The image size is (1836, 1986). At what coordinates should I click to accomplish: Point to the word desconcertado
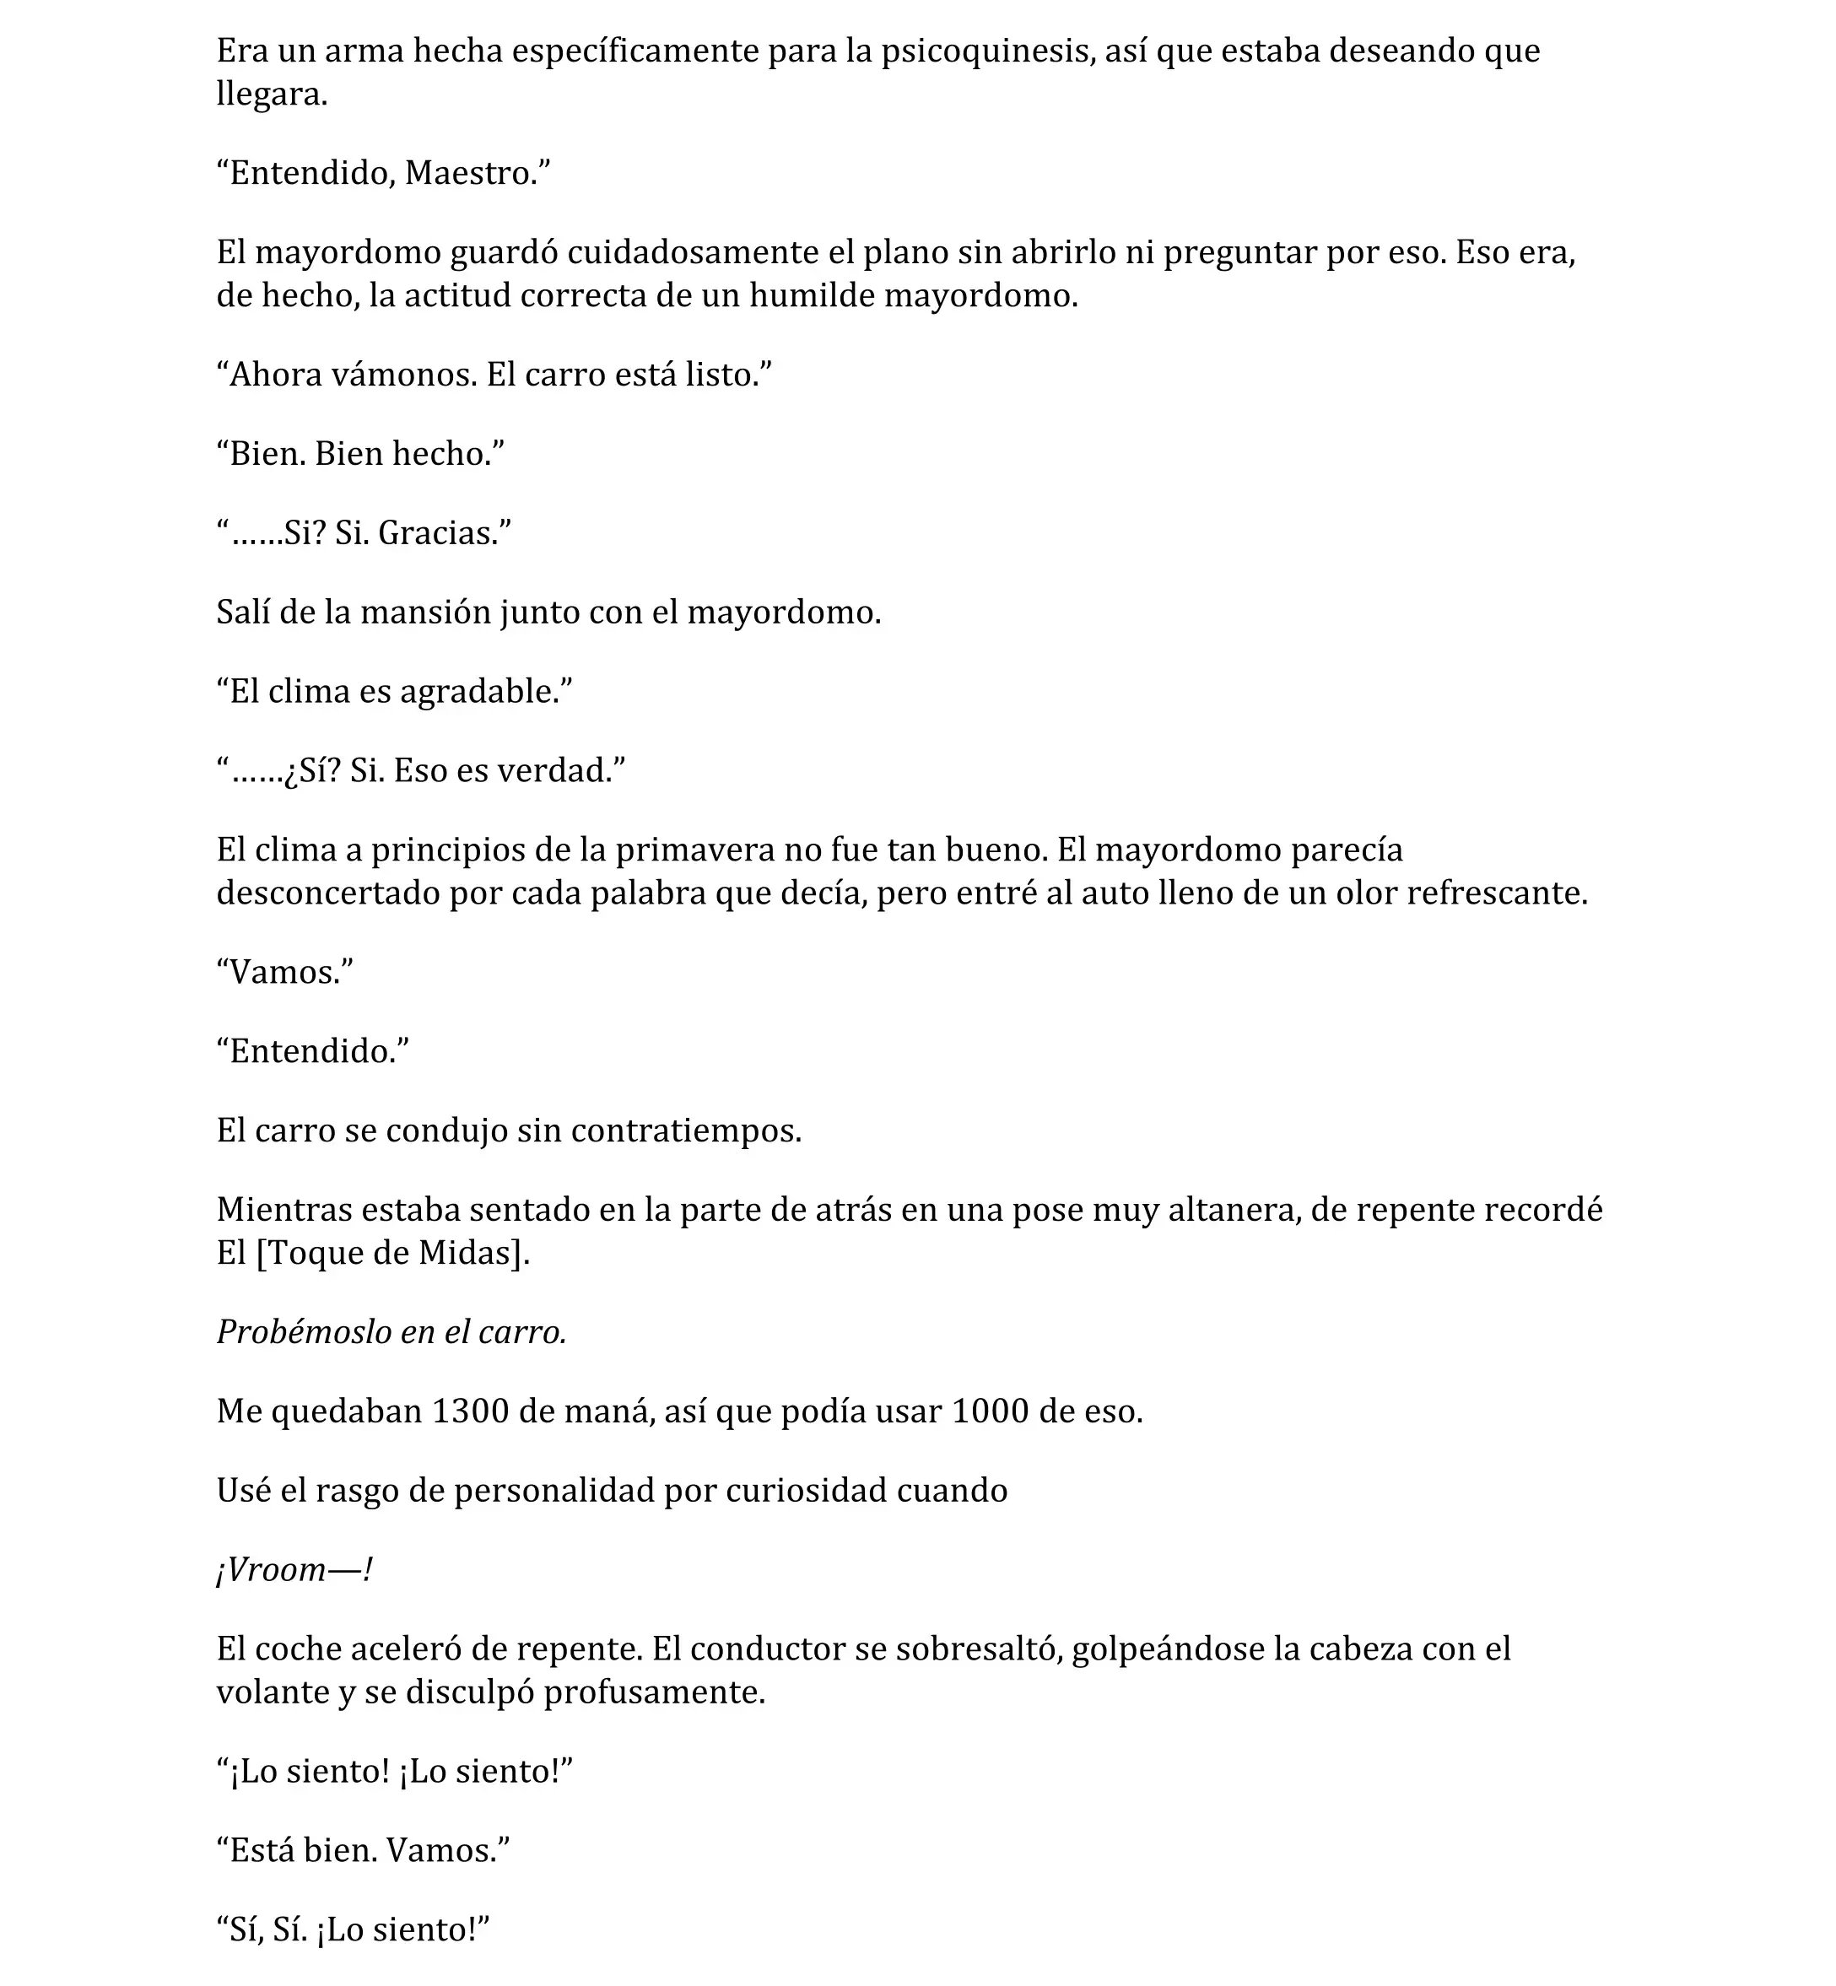(x=328, y=893)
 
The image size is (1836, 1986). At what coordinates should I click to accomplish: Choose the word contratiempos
(x=685, y=1131)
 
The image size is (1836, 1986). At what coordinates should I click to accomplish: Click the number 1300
(x=470, y=1411)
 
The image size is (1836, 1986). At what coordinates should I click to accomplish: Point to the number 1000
(x=991, y=1411)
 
